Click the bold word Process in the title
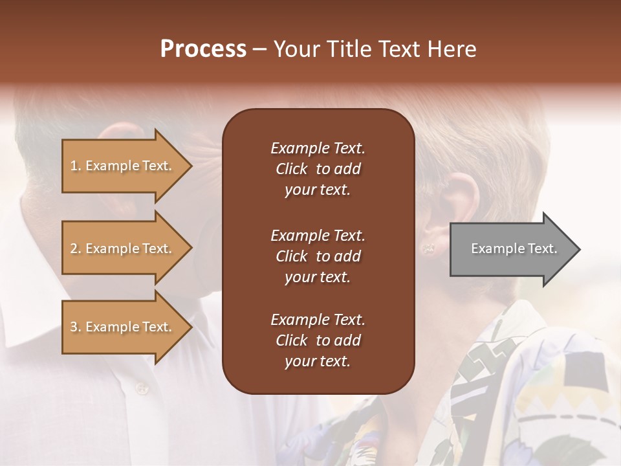(x=203, y=49)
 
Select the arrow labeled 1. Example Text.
(x=123, y=166)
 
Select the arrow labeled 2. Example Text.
(x=123, y=249)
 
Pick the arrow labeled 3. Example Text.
(x=123, y=327)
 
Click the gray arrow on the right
(x=511, y=249)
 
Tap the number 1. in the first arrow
(x=76, y=166)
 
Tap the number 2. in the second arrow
(x=76, y=249)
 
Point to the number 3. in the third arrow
(x=76, y=327)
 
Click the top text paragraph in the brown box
(x=318, y=169)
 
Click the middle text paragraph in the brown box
(x=318, y=256)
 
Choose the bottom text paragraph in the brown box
(x=318, y=340)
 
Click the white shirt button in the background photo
(x=141, y=388)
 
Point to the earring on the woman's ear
(x=427, y=247)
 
